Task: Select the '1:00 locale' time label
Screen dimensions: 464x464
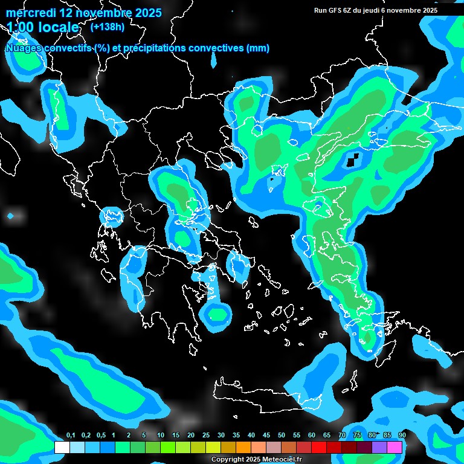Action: pos(43,27)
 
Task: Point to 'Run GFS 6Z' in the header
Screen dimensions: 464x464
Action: pos(333,10)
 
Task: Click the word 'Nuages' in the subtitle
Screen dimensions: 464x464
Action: pos(24,48)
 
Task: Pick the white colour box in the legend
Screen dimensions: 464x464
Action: pos(62,447)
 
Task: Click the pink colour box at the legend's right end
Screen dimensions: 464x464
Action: pos(395,447)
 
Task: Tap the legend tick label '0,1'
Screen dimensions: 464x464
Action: pos(70,436)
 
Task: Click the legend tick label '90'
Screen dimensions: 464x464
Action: pos(402,436)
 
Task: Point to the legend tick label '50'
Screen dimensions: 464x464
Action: pos(282,436)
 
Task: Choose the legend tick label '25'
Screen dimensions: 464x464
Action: pos(206,436)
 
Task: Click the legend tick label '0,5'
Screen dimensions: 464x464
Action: pos(100,436)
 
